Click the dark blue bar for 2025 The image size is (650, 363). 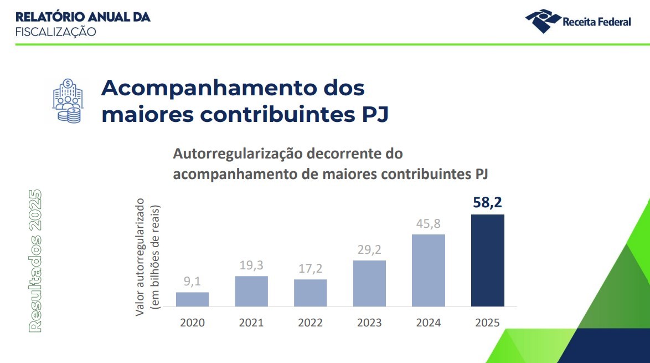[487, 260]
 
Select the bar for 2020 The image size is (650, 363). [192, 299]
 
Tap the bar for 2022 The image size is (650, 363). [310, 293]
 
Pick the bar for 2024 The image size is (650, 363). [429, 270]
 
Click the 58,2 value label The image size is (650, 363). [487, 203]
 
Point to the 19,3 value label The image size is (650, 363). [251, 265]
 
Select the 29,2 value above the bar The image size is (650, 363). [369, 249]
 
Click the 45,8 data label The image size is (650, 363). [429, 224]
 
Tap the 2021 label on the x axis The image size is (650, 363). [251, 323]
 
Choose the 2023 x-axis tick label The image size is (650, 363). [369, 323]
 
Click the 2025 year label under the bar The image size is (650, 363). [487, 323]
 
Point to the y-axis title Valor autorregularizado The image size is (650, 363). [140, 257]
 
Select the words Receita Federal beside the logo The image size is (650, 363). [596, 22]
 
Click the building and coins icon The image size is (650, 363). [66, 100]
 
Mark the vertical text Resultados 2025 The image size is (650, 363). [35, 260]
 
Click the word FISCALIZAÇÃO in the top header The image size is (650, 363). [55, 32]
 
